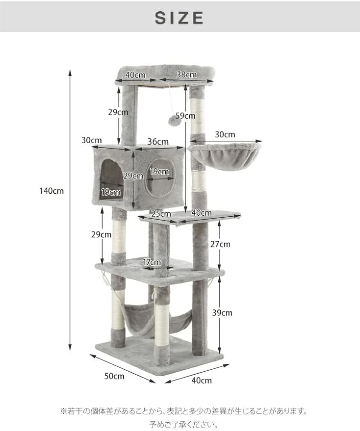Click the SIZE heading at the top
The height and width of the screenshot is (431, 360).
coord(180,18)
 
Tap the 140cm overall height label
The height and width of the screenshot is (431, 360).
coord(51,191)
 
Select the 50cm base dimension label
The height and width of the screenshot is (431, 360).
coord(114,376)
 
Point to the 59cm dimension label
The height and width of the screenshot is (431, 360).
coord(185,116)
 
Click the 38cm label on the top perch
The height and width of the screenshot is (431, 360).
coord(186,74)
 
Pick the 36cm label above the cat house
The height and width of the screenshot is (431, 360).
coord(158,142)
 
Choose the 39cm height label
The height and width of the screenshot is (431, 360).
coord(222,313)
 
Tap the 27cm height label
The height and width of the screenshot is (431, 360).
coord(220,244)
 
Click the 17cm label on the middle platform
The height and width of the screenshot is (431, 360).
coord(152,262)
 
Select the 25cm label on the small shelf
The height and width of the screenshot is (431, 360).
coord(161,214)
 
